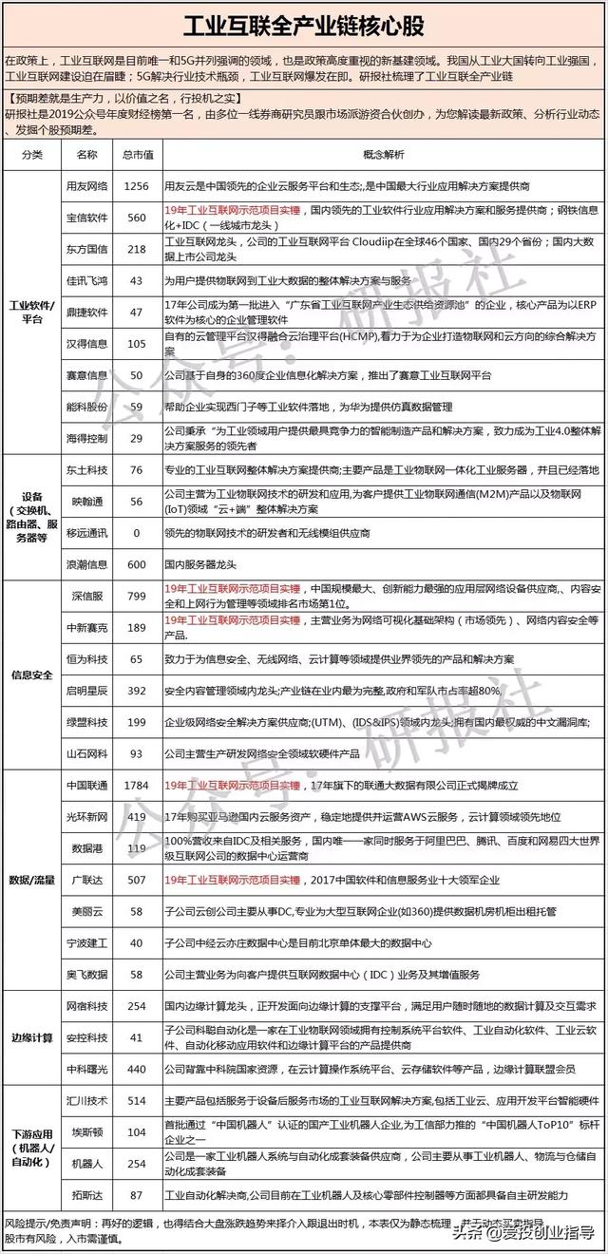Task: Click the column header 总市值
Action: click(137, 154)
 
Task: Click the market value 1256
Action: click(137, 186)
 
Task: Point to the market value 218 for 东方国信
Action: click(137, 249)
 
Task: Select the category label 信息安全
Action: click(31, 675)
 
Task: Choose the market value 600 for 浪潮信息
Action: click(137, 562)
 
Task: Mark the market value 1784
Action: click(137, 786)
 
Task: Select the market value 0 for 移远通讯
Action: click(137, 533)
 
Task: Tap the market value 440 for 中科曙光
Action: click(137, 1069)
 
